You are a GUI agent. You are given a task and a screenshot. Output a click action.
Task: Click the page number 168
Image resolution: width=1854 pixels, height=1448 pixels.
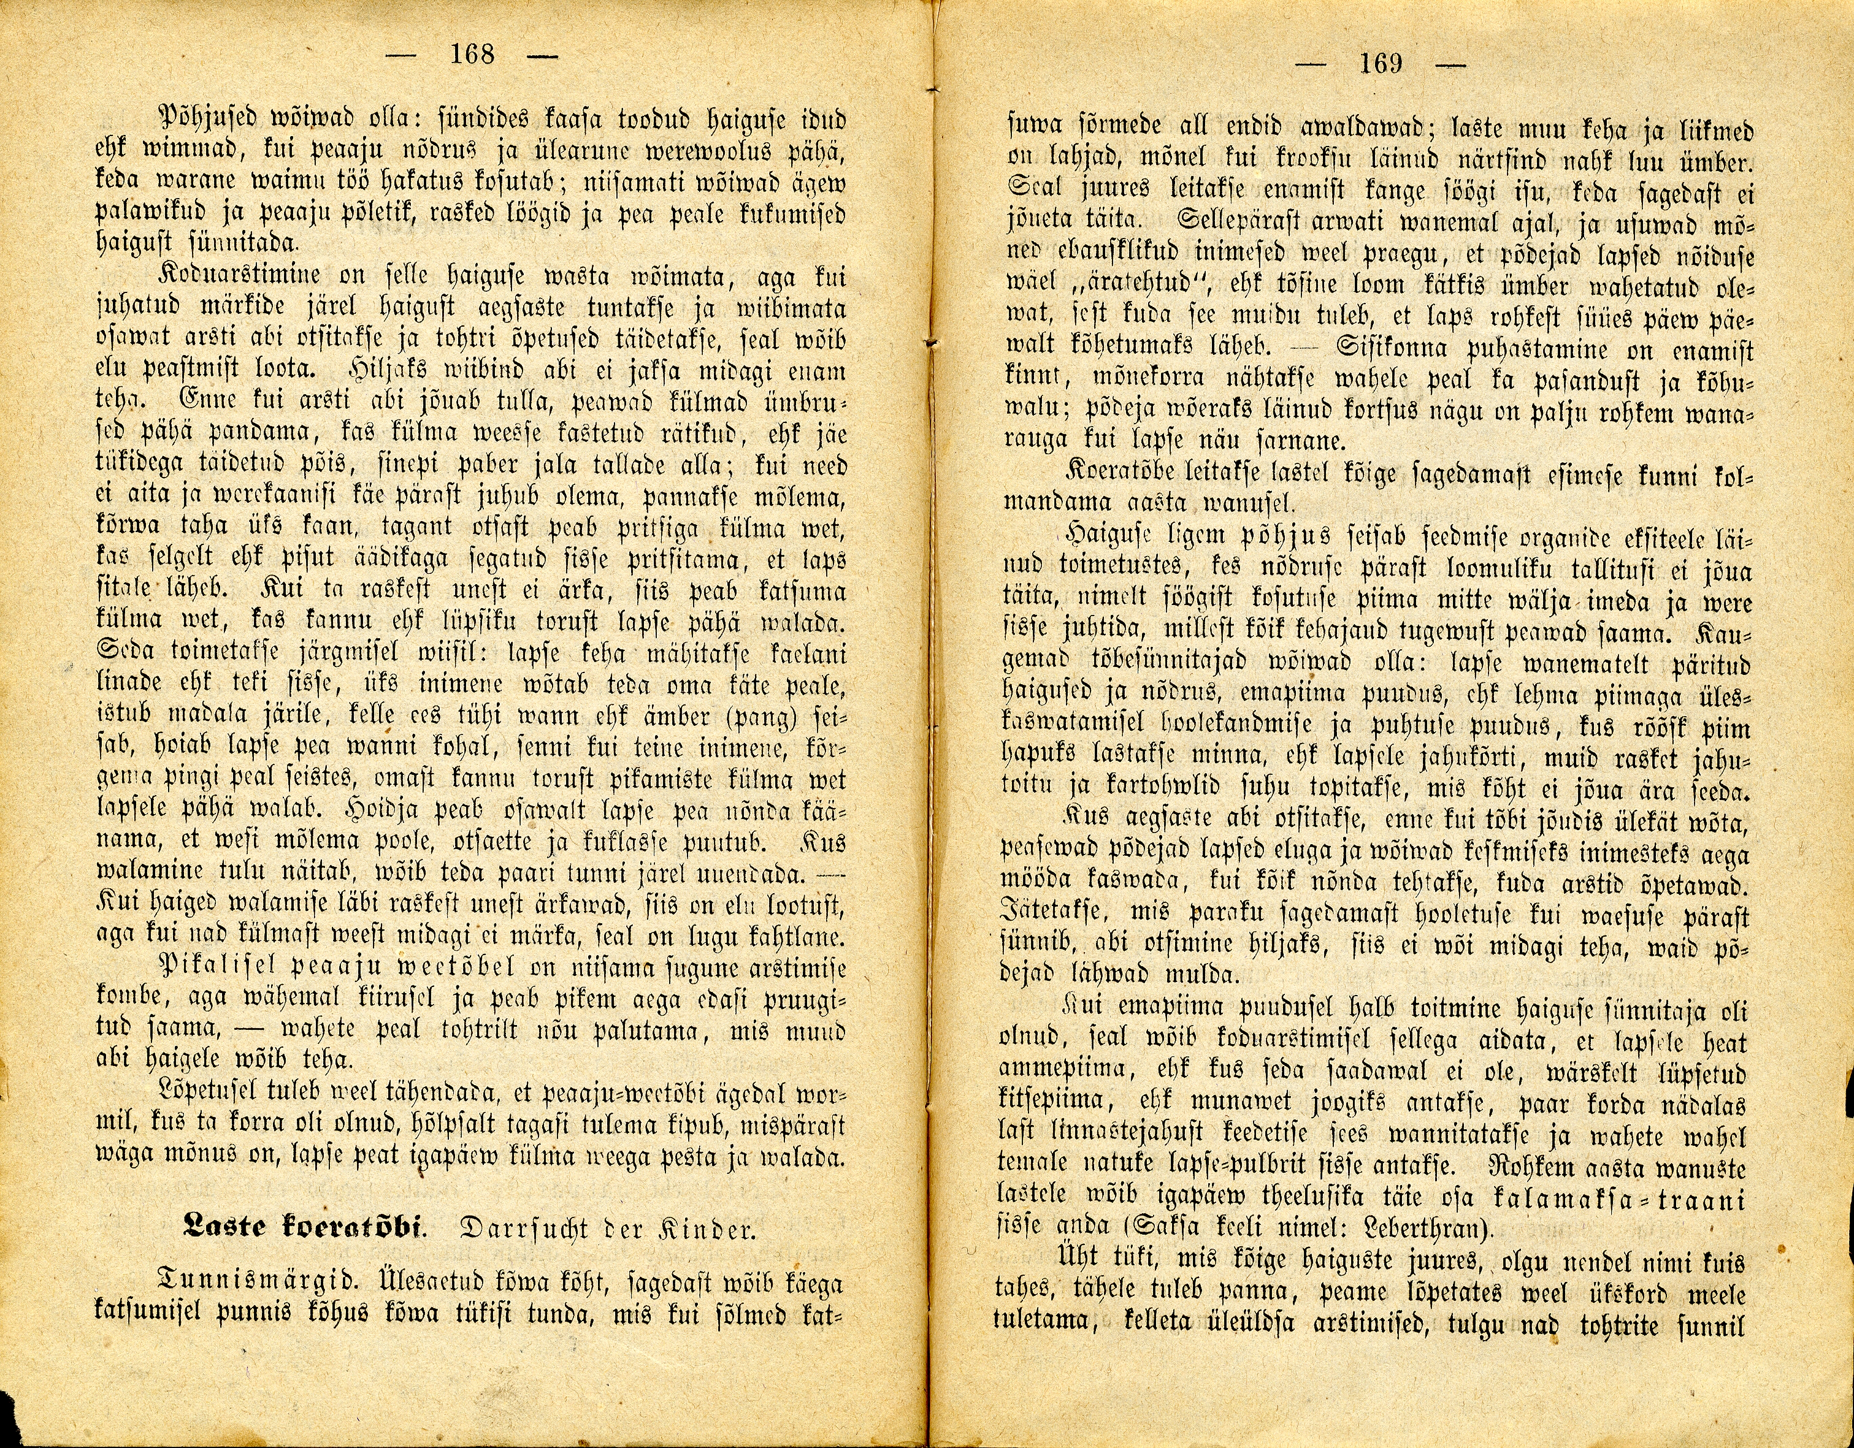pos(472,55)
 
